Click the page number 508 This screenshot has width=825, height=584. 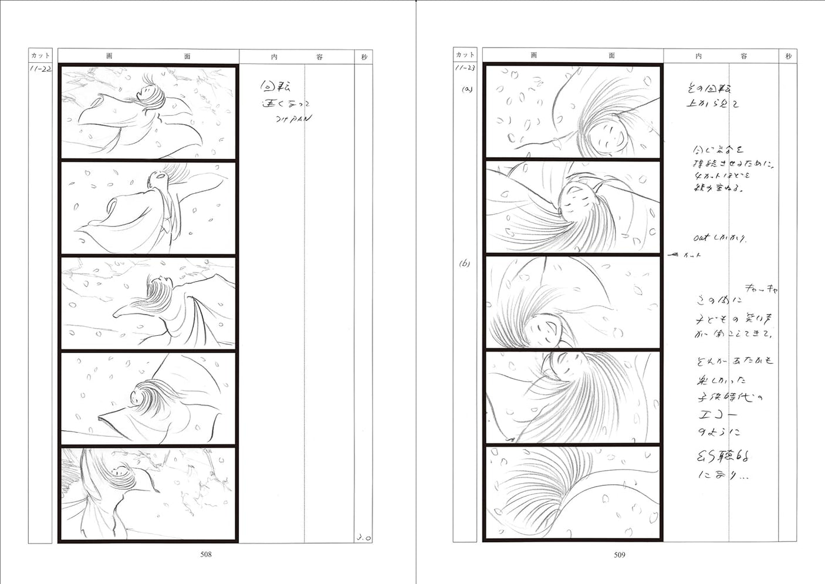coord(205,554)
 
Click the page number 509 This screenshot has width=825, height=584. coord(620,554)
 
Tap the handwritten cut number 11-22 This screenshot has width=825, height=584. coord(40,69)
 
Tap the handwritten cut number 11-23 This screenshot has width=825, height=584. coord(465,68)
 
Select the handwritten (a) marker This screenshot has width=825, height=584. coord(467,90)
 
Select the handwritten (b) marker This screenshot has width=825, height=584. coord(465,264)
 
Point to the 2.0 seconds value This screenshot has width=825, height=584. coord(363,537)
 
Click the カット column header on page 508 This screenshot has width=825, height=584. coord(40,56)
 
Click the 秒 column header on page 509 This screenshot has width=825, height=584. coord(788,56)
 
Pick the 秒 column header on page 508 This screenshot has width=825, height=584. coord(364,57)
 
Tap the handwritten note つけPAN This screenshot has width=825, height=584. coord(293,119)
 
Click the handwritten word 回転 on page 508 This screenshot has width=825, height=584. coord(275,87)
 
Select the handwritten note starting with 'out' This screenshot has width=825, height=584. coord(719,238)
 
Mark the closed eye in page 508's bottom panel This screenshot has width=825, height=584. coord(119,471)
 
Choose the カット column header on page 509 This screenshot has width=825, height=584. coord(465,55)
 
